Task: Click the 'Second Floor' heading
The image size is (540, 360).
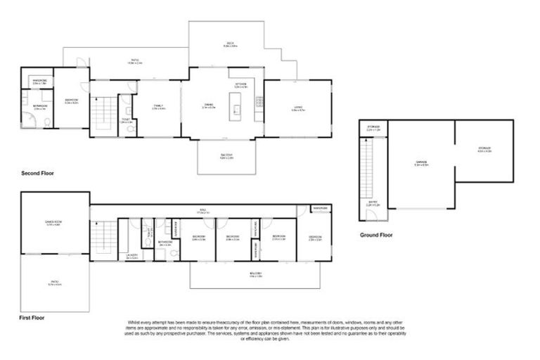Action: pyautogui.click(x=37, y=172)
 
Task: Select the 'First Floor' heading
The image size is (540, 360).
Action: pyautogui.click(x=32, y=318)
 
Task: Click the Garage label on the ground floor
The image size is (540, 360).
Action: pyautogui.click(x=420, y=165)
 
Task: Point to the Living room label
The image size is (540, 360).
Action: pyautogui.click(x=298, y=108)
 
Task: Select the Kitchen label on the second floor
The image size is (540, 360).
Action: pyautogui.click(x=240, y=85)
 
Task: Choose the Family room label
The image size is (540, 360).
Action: pyautogui.click(x=158, y=107)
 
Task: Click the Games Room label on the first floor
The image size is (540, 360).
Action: pyautogui.click(x=54, y=225)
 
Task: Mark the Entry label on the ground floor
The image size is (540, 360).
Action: pyautogui.click(x=373, y=202)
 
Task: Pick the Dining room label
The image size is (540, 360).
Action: pyautogui.click(x=208, y=107)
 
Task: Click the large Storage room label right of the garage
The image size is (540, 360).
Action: pyautogui.click(x=484, y=149)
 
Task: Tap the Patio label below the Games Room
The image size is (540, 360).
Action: pyautogui.click(x=54, y=284)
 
